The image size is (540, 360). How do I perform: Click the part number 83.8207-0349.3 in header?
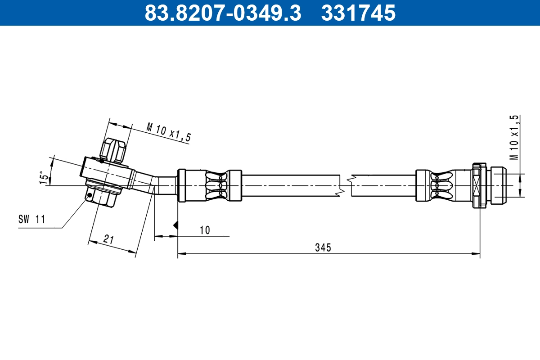click(x=222, y=13)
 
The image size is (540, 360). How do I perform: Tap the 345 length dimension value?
click(x=323, y=247)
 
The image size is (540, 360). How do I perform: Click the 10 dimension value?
click(x=204, y=230)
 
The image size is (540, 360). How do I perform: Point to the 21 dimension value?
click(x=108, y=239)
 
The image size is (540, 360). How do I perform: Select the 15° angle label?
click(x=44, y=177)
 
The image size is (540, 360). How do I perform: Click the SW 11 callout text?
click(x=31, y=220)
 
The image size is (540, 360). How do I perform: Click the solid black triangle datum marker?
click(x=176, y=225)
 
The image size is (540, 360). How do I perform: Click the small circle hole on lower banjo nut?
click(x=91, y=195)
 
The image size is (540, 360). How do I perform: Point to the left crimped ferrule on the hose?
click(x=210, y=185)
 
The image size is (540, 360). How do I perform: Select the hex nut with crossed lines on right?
click(x=478, y=185)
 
